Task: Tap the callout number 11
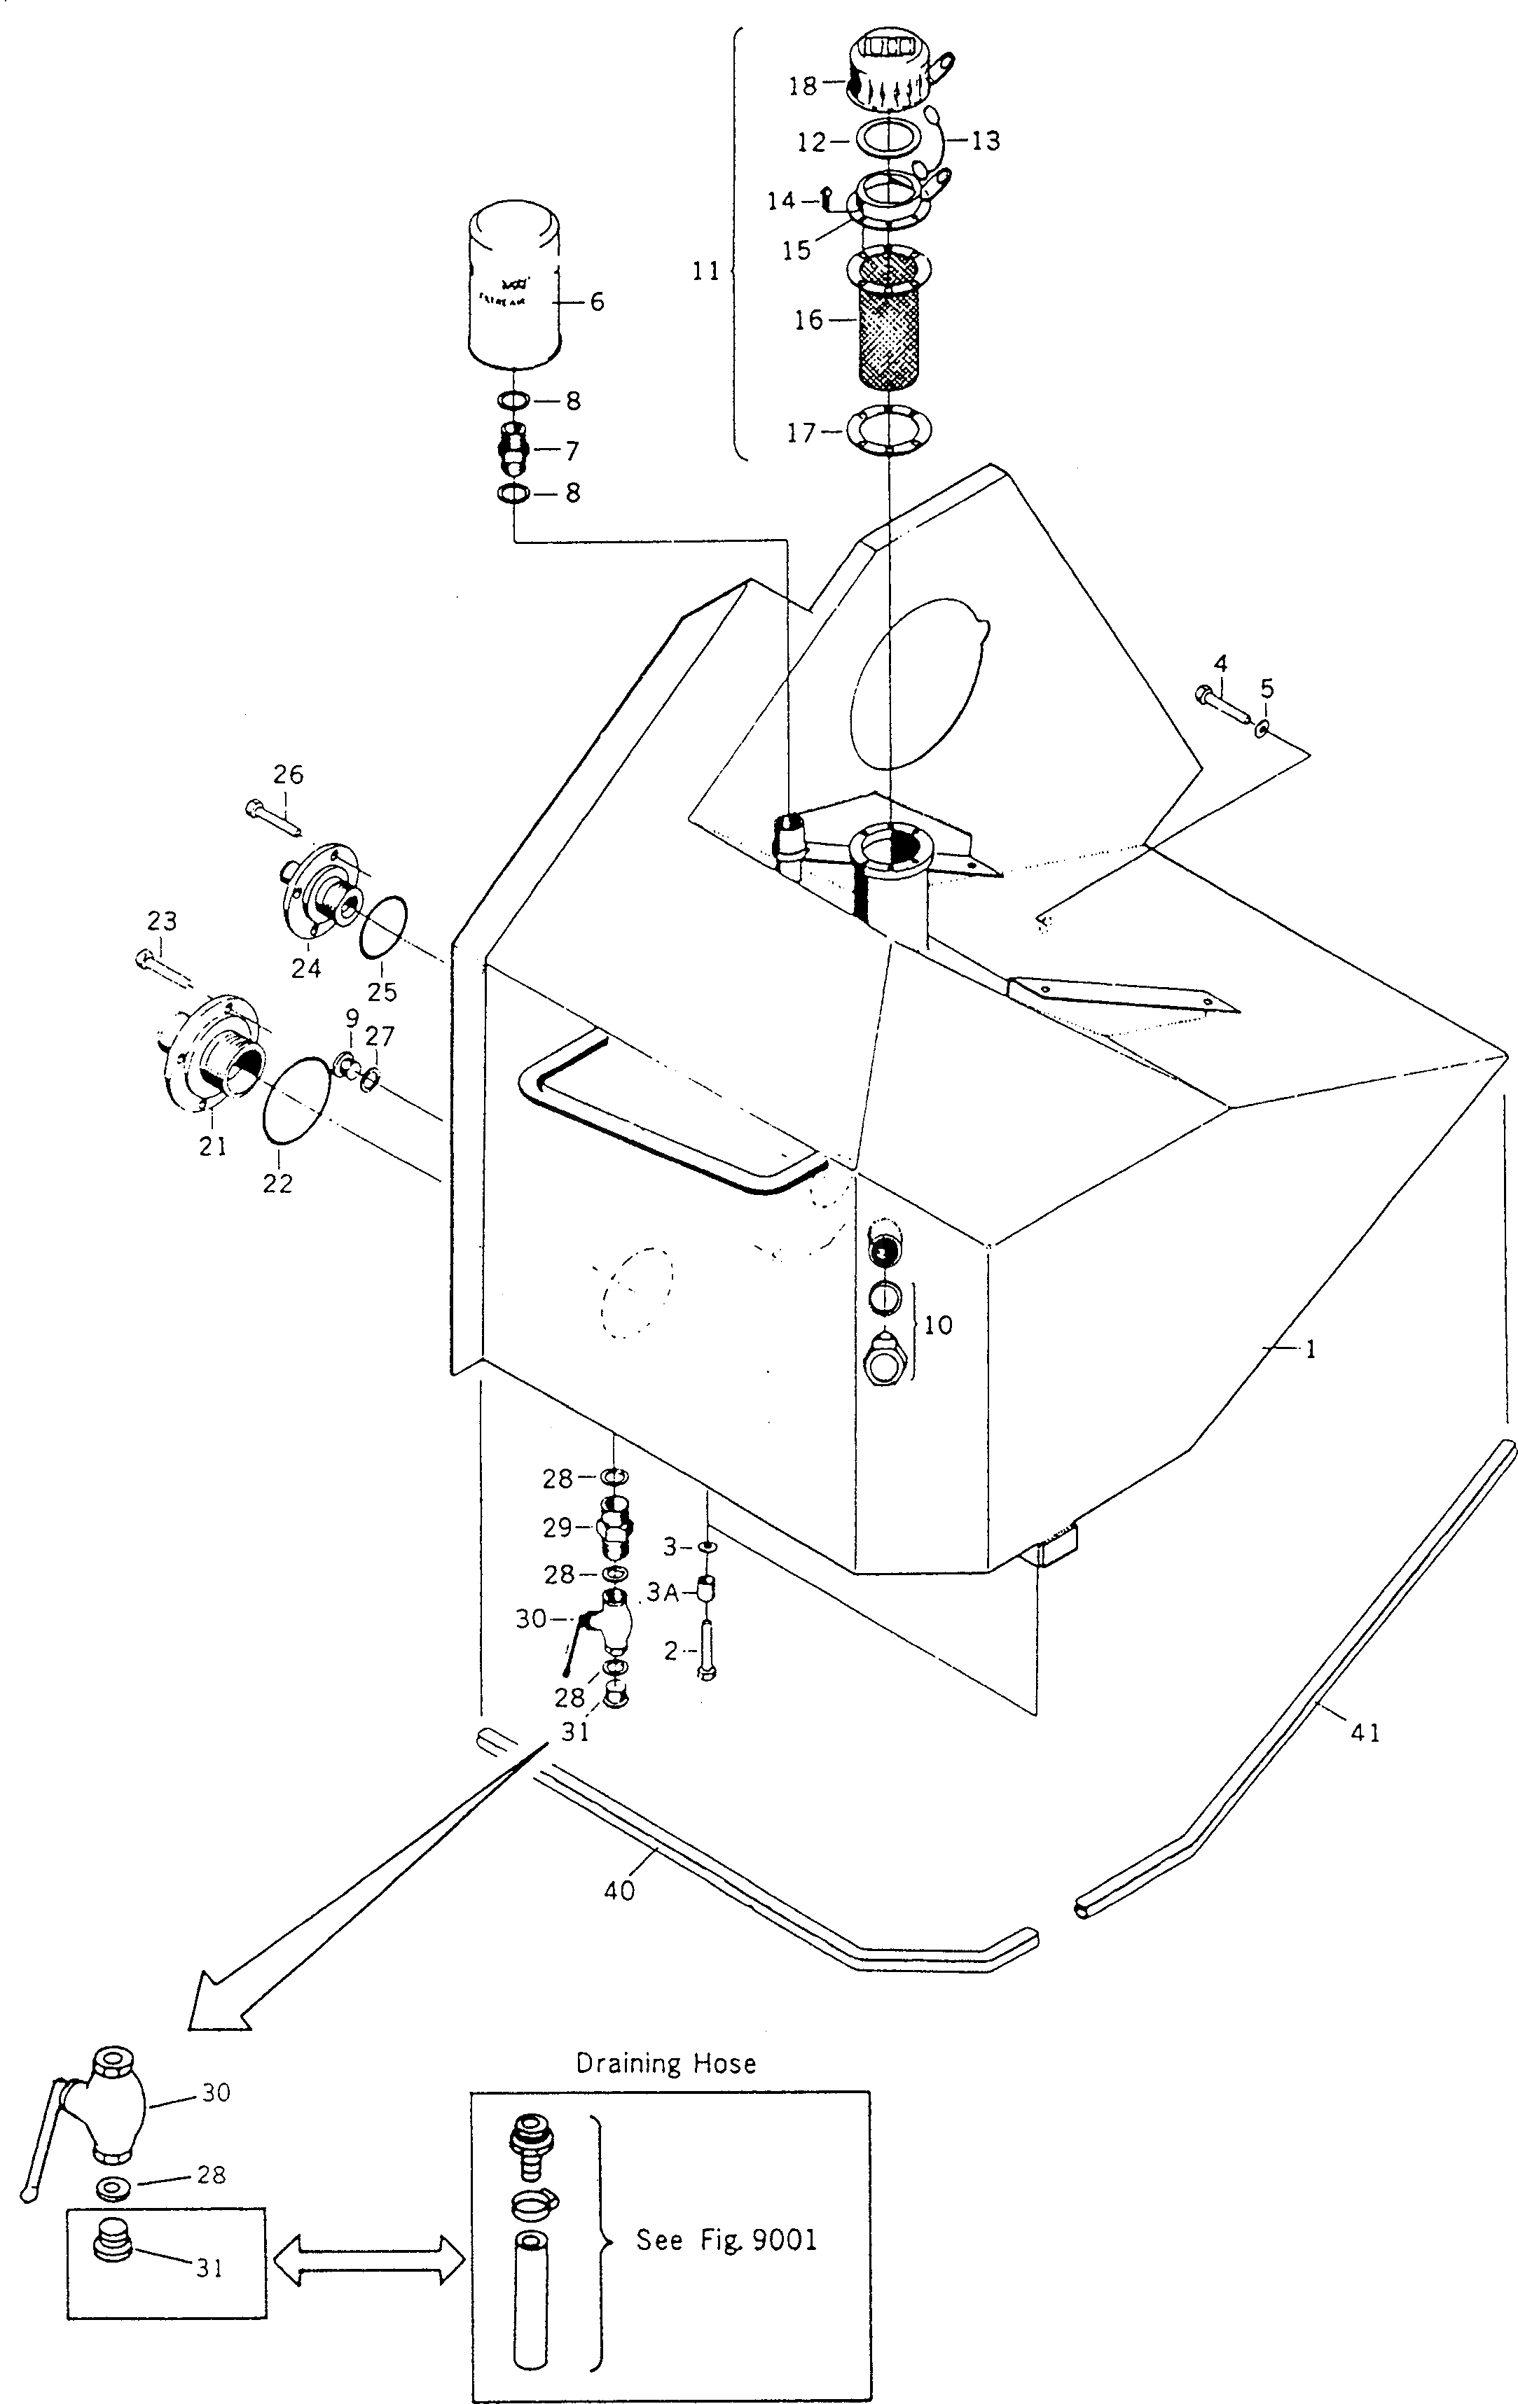coord(706,270)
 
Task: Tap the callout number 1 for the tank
coord(1310,1350)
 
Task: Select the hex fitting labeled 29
coord(615,1528)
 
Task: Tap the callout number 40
coord(619,1890)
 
